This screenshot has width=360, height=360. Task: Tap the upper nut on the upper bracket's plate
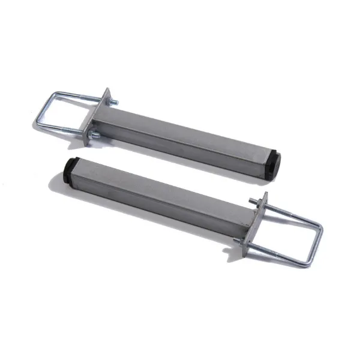112,103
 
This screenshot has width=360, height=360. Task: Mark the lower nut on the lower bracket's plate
242,241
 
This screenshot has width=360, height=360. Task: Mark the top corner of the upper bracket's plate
109,89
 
